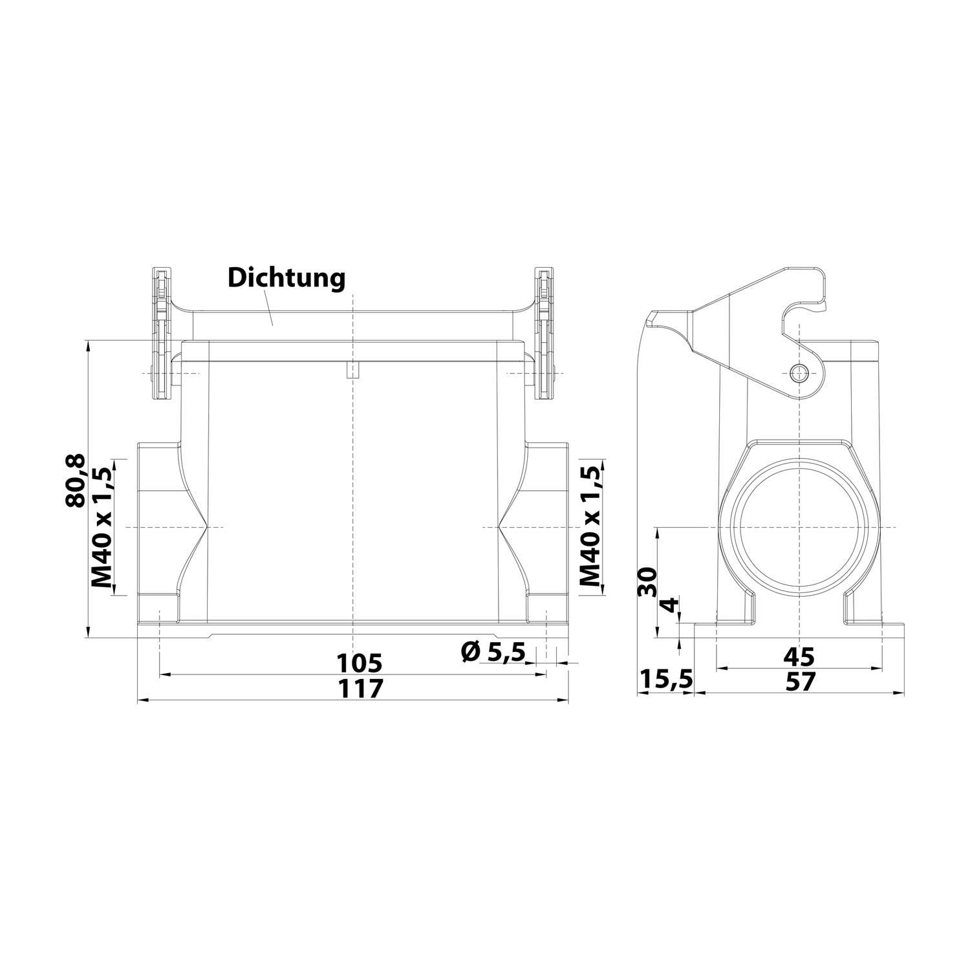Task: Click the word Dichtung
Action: tap(286, 279)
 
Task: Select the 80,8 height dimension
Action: tap(76, 480)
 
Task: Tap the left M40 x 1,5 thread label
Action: tap(102, 526)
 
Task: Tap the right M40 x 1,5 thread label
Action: tap(590, 526)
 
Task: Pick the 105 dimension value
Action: tap(360, 663)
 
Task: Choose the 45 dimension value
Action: tap(799, 657)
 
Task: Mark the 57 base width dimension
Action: tap(799, 681)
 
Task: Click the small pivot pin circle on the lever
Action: tap(800, 373)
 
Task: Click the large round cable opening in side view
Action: tap(800, 527)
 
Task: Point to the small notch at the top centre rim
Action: tap(353, 371)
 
